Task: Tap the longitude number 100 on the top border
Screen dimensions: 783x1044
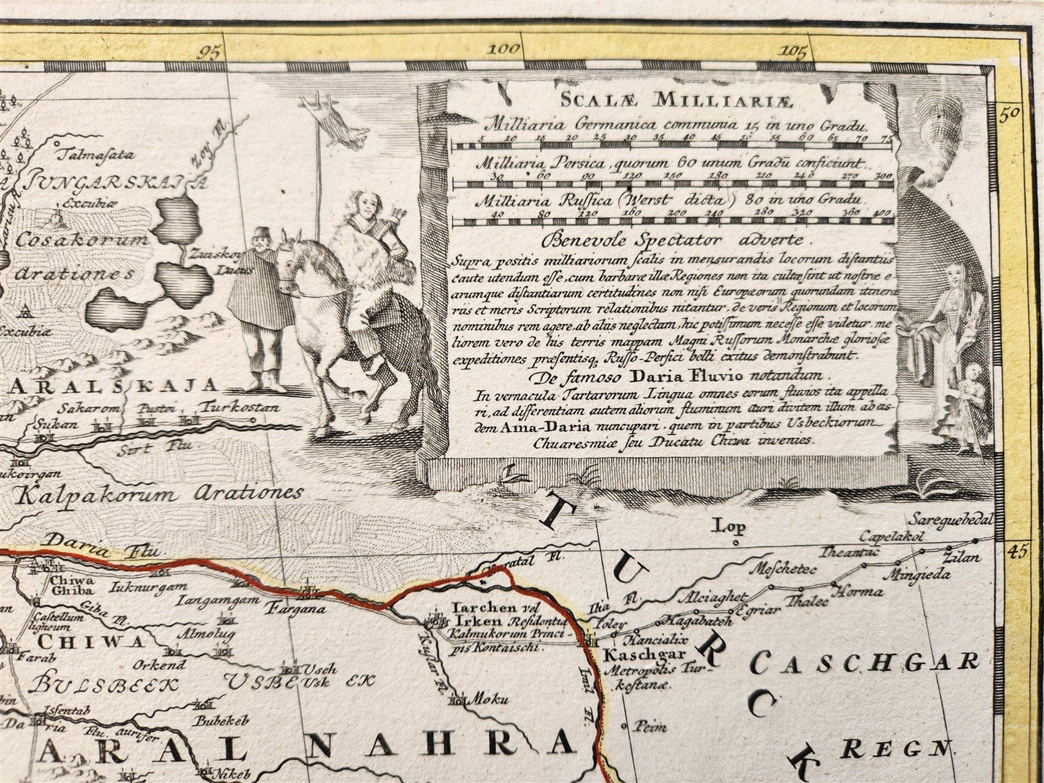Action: [x=503, y=49]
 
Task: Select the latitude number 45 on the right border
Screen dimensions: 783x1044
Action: [x=1018, y=552]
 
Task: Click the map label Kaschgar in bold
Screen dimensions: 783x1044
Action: [x=634, y=656]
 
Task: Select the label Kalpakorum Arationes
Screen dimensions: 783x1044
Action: [x=160, y=495]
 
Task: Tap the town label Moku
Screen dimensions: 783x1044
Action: [x=485, y=699]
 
